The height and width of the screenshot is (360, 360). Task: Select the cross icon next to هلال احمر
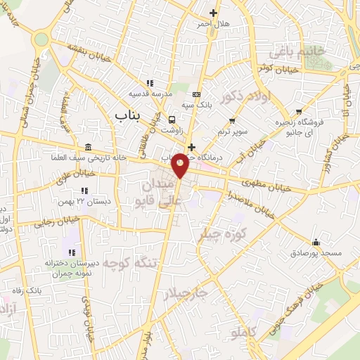tap(213, 13)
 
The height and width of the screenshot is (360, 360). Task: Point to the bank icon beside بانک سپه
tap(195, 94)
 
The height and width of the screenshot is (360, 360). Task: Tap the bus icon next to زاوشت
tap(172, 120)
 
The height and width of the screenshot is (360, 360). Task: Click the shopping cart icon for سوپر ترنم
tap(231, 122)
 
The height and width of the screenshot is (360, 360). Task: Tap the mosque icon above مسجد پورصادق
tap(316, 242)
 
